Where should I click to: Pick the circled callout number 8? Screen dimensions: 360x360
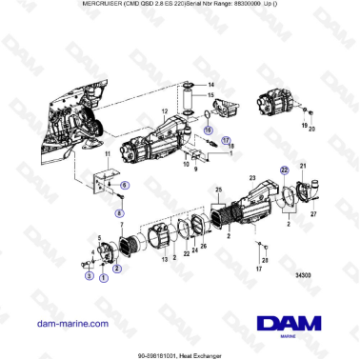point(119,213)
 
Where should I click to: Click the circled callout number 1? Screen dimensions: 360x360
point(103,277)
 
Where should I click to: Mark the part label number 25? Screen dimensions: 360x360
point(217,191)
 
